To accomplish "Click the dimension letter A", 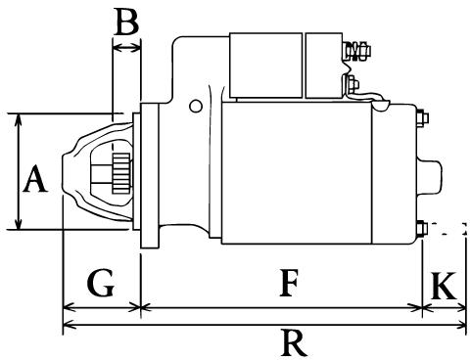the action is (x=35, y=179).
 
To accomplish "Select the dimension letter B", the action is (x=126, y=22).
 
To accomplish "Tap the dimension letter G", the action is (x=100, y=282).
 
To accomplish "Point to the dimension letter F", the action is (x=289, y=283).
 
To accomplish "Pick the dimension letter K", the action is (x=444, y=286).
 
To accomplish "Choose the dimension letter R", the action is (x=294, y=342).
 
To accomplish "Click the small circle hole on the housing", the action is (x=196, y=106).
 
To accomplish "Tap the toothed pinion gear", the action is (x=121, y=173).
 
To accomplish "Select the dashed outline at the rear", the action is (x=447, y=229).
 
